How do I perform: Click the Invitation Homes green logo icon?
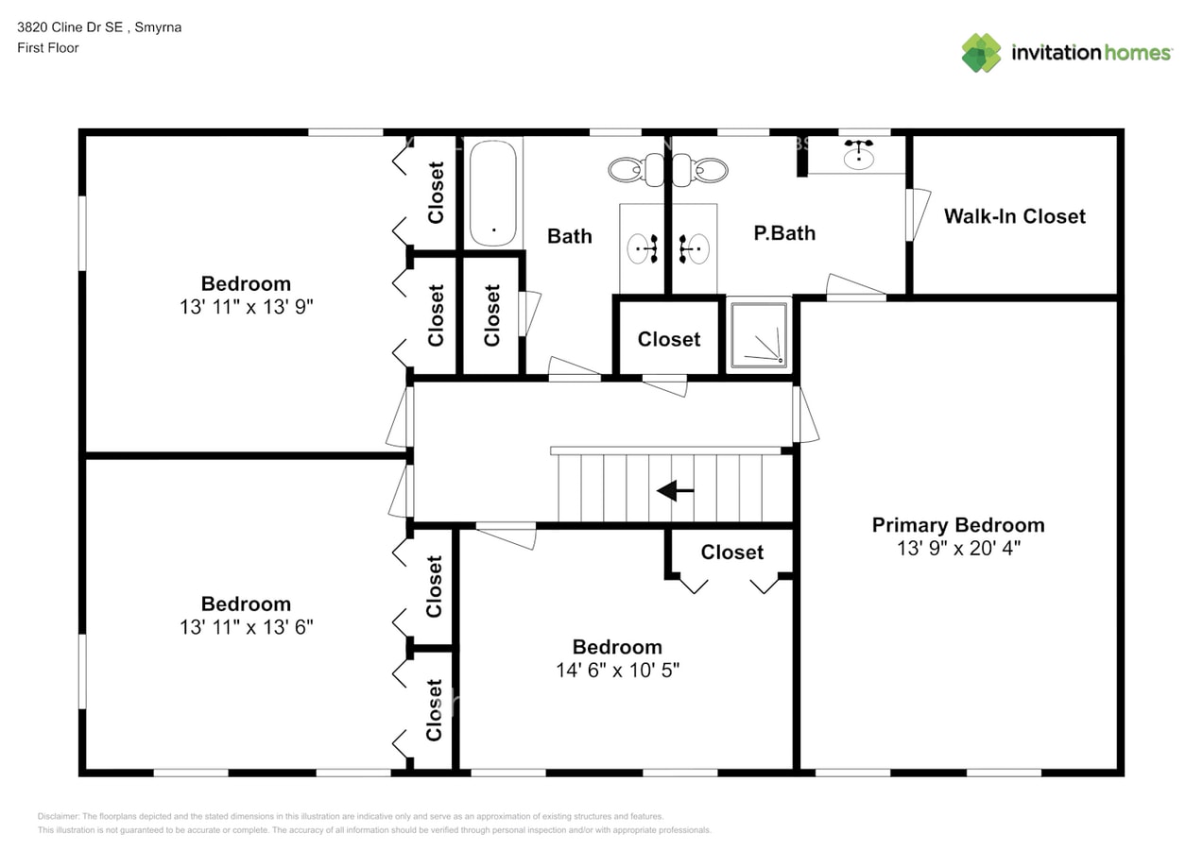click(x=981, y=53)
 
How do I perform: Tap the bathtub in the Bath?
click(x=493, y=193)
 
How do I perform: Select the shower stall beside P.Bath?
click(x=759, y=334)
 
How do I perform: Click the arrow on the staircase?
click(x=675, y=490)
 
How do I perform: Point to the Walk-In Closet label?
click(x=1014, y=216)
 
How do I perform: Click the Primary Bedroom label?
click(x=957, y=525)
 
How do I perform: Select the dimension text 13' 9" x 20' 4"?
click(x=957, y=548)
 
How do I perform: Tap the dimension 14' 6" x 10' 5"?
click(x=617, y=670)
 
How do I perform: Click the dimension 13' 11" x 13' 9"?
click(x=246, y=307)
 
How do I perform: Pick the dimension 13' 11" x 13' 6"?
click(x=246, y=627)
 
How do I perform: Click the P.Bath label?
click(x=783, y=233)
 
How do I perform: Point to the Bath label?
click(x=570, y=236)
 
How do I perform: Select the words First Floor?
click(x=47, y=47)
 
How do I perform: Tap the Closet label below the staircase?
click(x=731, y=552)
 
